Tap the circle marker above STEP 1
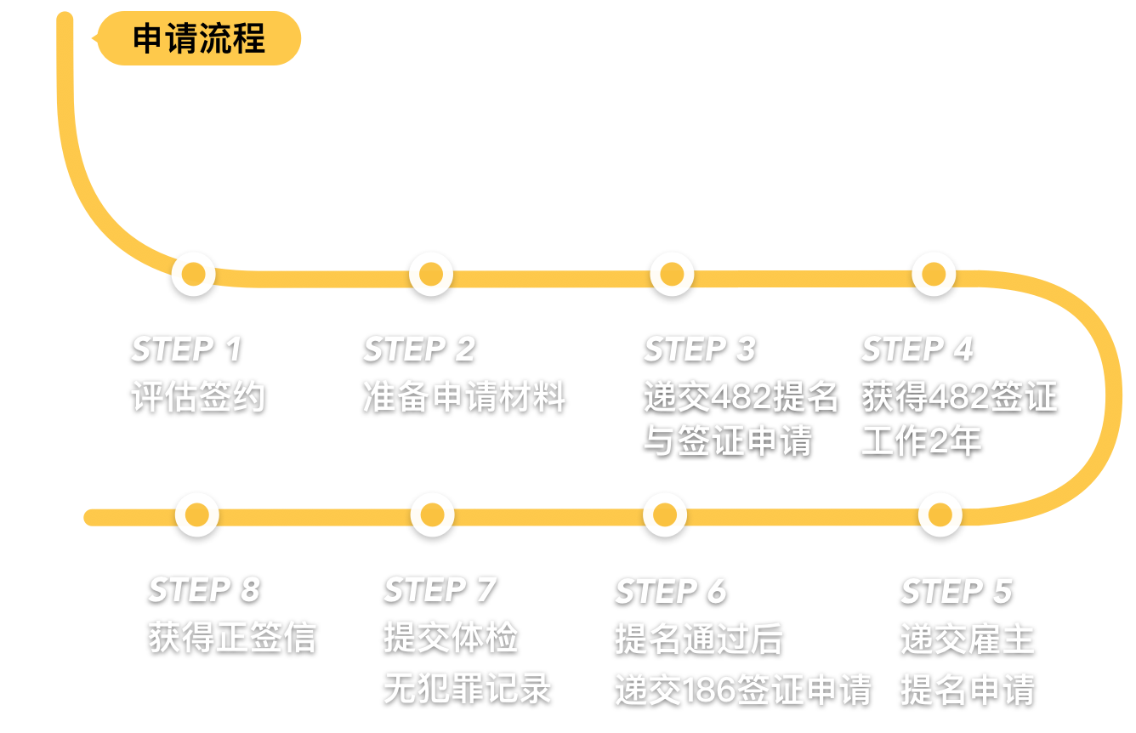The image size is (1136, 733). (x=194, y=274)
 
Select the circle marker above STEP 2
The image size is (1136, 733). (x=431, y=274)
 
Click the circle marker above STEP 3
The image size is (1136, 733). (x=672, y=274)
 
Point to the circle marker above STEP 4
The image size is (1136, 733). (x=934, y=274)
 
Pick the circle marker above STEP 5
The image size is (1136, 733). (x=940, y=514)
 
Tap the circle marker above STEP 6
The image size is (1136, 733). (x=664, y=514)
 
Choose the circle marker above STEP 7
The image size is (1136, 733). (x=432, y=514)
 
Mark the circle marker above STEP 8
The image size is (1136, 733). (x=196, y=514)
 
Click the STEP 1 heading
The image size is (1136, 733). (x=186, y=349)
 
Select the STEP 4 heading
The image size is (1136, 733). (x=917, y=349)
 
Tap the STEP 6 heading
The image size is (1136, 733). (x=670, y=590)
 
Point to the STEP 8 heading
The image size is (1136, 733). (x=203, y=589)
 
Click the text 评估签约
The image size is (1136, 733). (x=198, y=397)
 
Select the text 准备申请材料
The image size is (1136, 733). (x=463, y=397)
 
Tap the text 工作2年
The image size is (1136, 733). (x=921, y=441)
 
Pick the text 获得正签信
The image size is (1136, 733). (x=231, y=638)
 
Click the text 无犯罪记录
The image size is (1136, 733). (x=467, y=688)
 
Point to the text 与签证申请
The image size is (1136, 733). (x=727, y=441)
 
